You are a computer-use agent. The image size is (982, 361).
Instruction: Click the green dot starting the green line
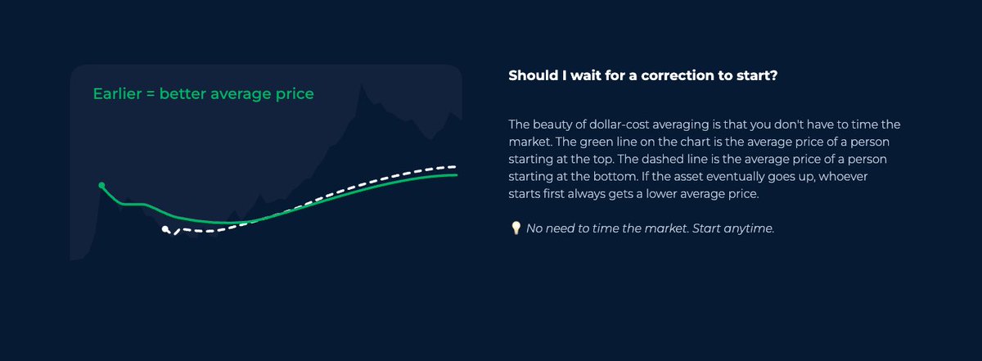click(101, 186)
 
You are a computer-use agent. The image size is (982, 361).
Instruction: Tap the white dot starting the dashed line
click(165, 229)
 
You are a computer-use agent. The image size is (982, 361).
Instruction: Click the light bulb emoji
click(516, 228)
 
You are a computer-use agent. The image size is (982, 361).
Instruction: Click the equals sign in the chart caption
click(151, 94)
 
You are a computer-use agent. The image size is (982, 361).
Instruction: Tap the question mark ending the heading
click(773, 75)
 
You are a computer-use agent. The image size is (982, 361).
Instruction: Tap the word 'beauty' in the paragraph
click(556, 124)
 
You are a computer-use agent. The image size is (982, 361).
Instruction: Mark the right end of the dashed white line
click(455, 166)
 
